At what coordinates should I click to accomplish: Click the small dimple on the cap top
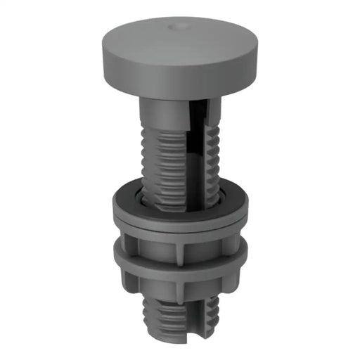tap(176, 26)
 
